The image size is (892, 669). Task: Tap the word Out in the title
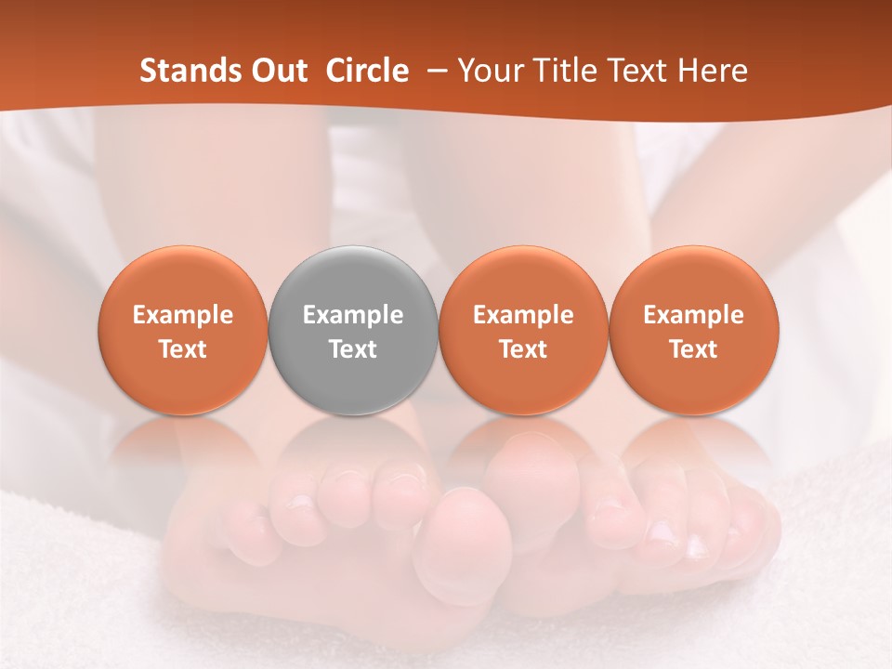(x=278, y=71)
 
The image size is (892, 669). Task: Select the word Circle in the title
(x=367, y=71)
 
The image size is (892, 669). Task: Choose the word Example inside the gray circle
(x=353, y=315)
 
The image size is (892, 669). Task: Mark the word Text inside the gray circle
(x=353, y=349)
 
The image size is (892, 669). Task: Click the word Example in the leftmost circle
(x=183, y=315)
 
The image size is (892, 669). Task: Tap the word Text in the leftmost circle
(x=183, y=349)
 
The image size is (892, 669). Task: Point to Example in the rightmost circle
(x=694, y=315)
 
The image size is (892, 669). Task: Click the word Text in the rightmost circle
(x=694, y=349)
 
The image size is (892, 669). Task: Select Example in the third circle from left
(x=523, y=315)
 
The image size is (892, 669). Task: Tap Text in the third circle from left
(x=523, y=349)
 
